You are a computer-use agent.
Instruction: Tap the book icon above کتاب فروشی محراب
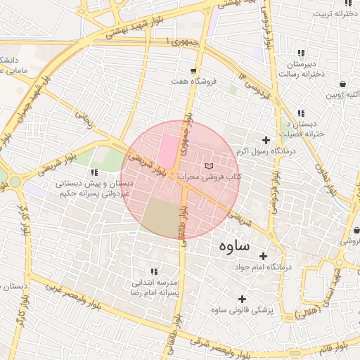(x=208, y=165)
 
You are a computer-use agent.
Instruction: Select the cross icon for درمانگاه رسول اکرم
(x=266, y=139)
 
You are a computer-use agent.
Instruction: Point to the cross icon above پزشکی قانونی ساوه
(x=243, y=299)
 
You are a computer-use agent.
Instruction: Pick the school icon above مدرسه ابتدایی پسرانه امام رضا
(x=153, y=271)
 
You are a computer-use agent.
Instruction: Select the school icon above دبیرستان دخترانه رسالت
(x=302, y=53)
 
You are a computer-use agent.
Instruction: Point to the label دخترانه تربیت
(x=331, y=13)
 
